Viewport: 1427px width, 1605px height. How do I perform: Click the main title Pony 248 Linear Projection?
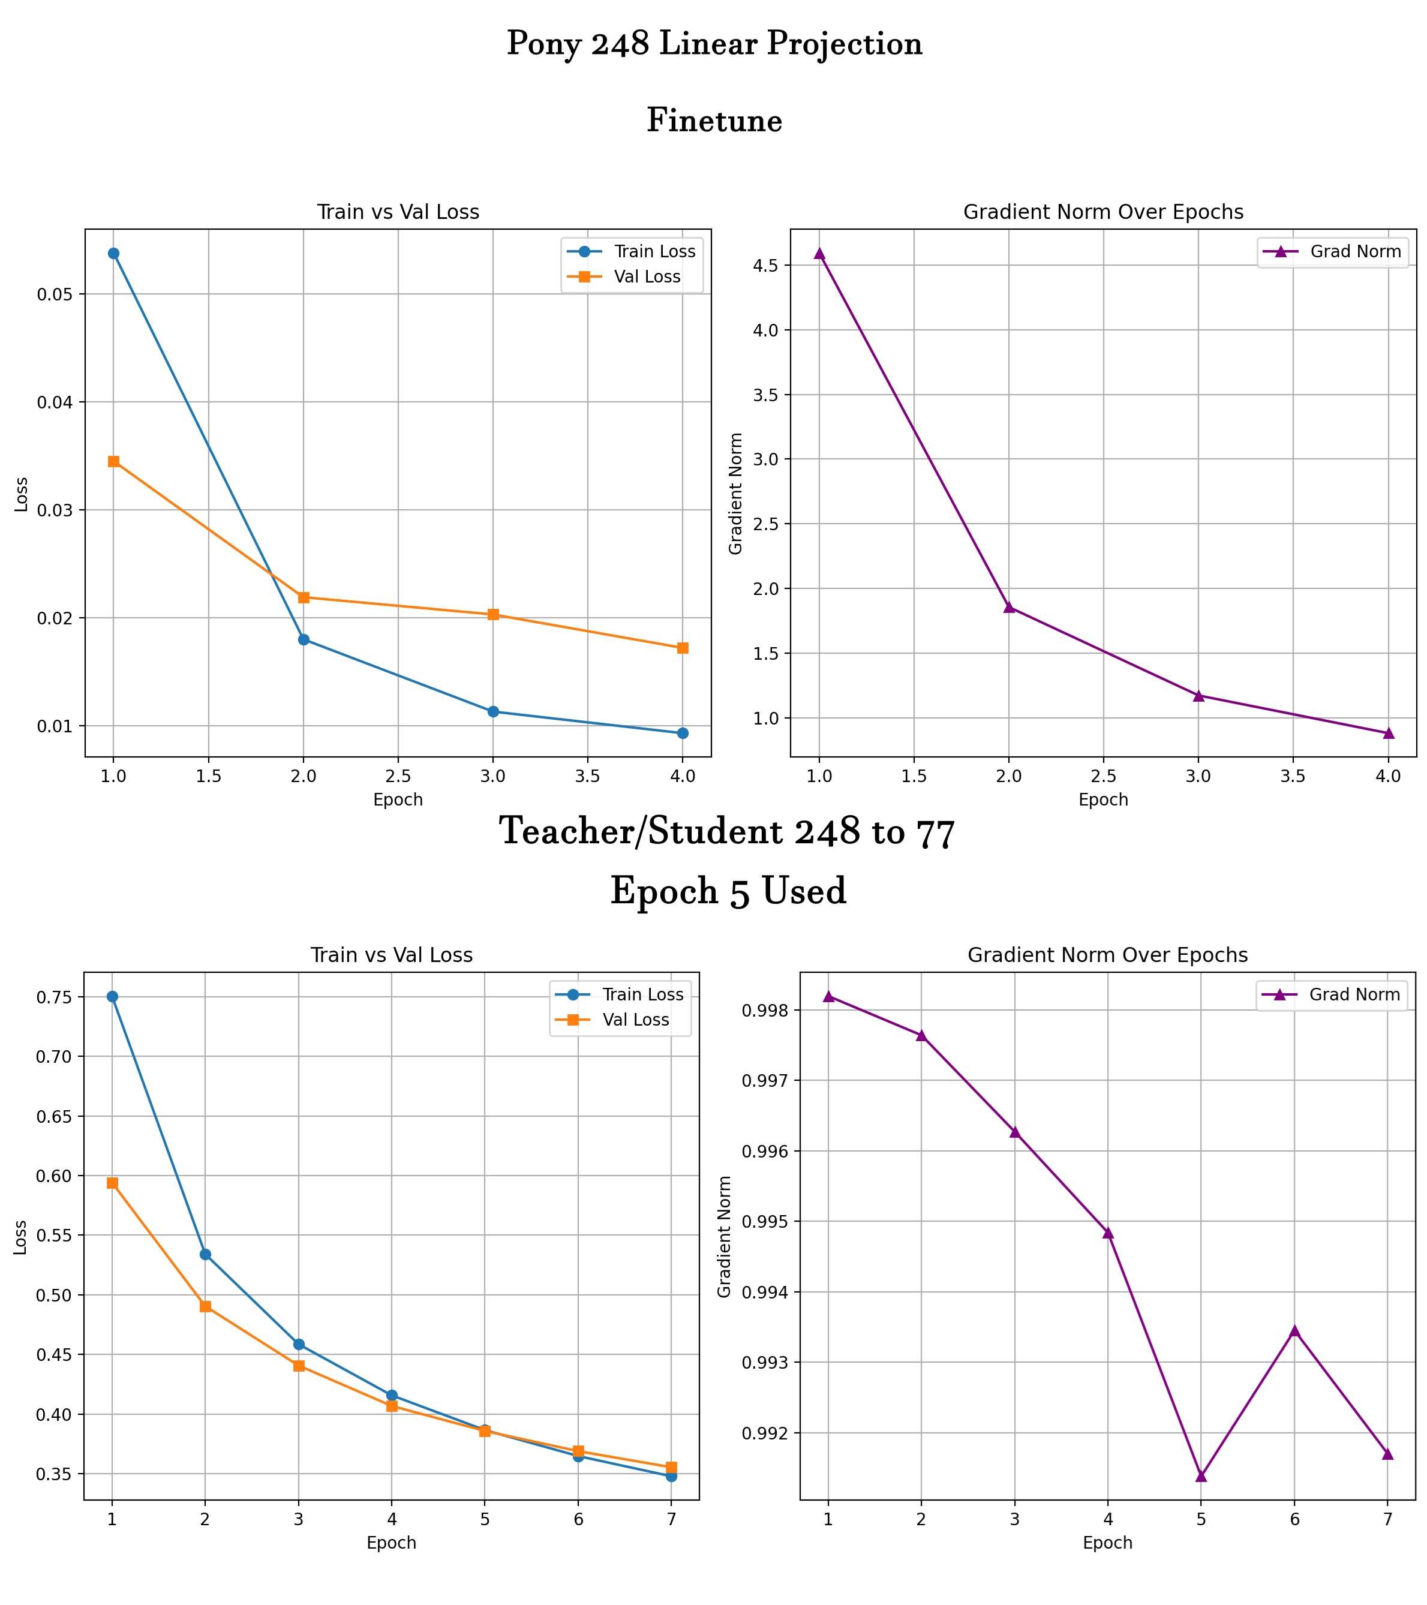[714, 44]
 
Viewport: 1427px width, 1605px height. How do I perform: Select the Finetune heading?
[714, 121]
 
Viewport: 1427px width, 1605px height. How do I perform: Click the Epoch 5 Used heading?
[728, 891]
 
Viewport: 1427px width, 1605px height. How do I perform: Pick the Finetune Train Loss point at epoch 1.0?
[114, 254]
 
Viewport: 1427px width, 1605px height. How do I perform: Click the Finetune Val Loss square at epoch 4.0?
[683, 648]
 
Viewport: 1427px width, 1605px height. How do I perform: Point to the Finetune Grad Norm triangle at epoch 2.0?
[1009, 607]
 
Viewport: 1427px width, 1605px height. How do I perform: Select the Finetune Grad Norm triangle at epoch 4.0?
[1389, 732]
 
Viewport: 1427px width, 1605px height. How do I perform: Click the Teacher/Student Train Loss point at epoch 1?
[112, 996]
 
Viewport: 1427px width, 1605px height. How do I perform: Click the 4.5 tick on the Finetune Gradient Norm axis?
[767, 266]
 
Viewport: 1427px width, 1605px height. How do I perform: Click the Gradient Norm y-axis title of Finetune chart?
[736, 493]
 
